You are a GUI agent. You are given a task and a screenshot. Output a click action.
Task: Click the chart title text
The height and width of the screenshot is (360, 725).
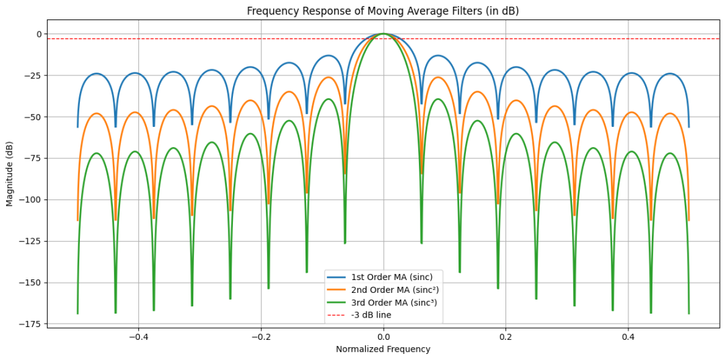point(383,11)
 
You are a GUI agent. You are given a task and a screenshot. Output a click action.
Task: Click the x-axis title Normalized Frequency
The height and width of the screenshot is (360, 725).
point(383,349)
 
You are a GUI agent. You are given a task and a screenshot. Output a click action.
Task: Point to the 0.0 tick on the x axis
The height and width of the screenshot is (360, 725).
point(383,335)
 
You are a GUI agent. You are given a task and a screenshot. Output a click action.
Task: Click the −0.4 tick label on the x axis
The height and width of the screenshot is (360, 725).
point(138,335)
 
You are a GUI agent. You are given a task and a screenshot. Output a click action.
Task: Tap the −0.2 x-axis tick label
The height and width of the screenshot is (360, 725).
point(260,335)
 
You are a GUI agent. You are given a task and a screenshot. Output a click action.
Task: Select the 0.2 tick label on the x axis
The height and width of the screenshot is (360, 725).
point(505,335)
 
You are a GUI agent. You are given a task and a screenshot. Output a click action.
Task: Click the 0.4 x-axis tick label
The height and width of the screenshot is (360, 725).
point(628,335)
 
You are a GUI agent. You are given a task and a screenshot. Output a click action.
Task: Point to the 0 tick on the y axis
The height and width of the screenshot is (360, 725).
point(38,34)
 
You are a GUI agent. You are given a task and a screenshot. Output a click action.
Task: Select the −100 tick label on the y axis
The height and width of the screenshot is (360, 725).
point(30,200)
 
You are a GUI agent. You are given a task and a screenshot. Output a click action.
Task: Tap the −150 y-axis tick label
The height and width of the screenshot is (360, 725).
point(30,283)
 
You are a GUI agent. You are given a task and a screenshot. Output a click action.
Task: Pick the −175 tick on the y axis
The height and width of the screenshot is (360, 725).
point(30,324)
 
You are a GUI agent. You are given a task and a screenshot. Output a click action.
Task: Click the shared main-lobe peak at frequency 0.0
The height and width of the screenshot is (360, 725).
point(383,34)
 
